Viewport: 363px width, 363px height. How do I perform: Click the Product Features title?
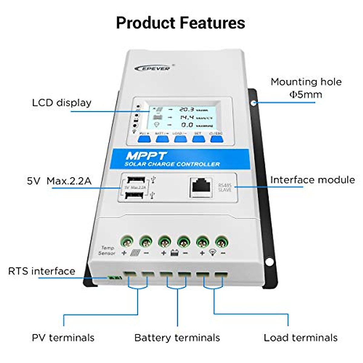[x=181, y=23]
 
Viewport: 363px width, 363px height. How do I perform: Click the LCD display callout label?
[x=62, y=103]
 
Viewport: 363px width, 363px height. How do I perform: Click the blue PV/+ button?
[x=144, y=139]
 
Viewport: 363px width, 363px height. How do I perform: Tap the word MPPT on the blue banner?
[x=146, y=156]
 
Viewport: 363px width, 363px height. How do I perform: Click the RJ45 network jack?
[x=201, y=186]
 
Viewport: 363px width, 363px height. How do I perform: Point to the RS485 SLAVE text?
[x=225, y=187]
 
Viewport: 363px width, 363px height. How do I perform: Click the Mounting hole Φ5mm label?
[x=306, y=88]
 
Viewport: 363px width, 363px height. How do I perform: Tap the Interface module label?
[x=312, y=180]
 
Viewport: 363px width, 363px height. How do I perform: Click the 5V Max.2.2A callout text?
[x=59, y=181]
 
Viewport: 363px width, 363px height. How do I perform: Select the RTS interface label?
[x=42, y=271]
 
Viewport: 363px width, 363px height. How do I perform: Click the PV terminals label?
[x=63, y=338]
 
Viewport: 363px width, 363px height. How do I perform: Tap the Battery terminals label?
[x=177, y=338]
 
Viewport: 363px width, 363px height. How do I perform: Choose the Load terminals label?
[x=300, y=338]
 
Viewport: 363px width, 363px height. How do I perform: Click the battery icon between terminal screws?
[x=174, y=253]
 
